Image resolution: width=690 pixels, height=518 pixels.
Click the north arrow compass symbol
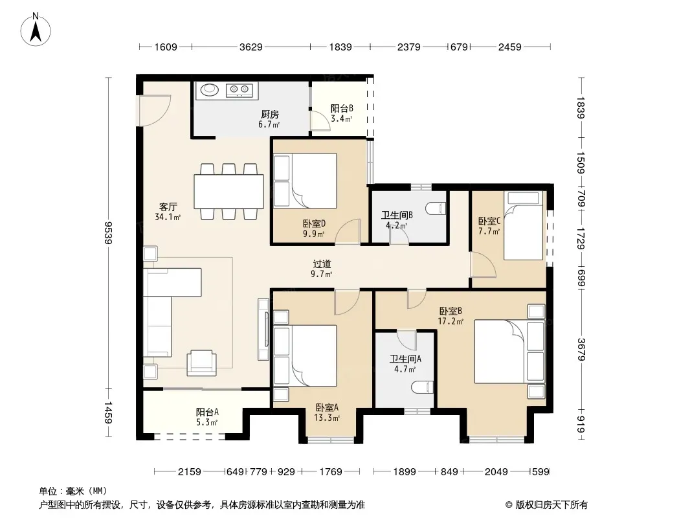tap(36, 29)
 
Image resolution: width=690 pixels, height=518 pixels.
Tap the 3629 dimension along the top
tap(251, 47)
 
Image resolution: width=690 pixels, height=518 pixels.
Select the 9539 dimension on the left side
tap(108, 233)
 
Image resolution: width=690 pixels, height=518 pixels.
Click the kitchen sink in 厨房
tap(210, 90)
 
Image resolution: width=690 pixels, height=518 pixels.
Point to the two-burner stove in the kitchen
tap(239, 90)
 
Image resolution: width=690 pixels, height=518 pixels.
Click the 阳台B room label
tap(342, 108)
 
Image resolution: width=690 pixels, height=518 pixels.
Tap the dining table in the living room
tap(229, 192)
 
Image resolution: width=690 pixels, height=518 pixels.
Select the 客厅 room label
tap(168, 207)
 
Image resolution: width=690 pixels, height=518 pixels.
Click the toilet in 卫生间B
tap(436, 208)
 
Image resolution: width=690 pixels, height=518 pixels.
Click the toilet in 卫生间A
tap(423, 387)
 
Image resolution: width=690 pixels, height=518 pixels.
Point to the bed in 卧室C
tap(523, 226)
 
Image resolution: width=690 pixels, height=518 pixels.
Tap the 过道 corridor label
tap(322, 264)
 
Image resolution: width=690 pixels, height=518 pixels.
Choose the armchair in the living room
tap(201, 363)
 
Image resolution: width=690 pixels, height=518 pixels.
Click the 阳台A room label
tap(207, 412)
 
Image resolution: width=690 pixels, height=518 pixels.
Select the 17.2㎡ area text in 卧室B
tap(450, 321)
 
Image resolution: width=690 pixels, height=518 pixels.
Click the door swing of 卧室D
tap(348, 232)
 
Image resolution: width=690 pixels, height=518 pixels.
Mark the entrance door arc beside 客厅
tap(154, 110)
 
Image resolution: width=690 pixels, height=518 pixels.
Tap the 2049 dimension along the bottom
tap(496, 472)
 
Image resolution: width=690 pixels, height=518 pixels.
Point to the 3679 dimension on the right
tap(581, 350)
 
